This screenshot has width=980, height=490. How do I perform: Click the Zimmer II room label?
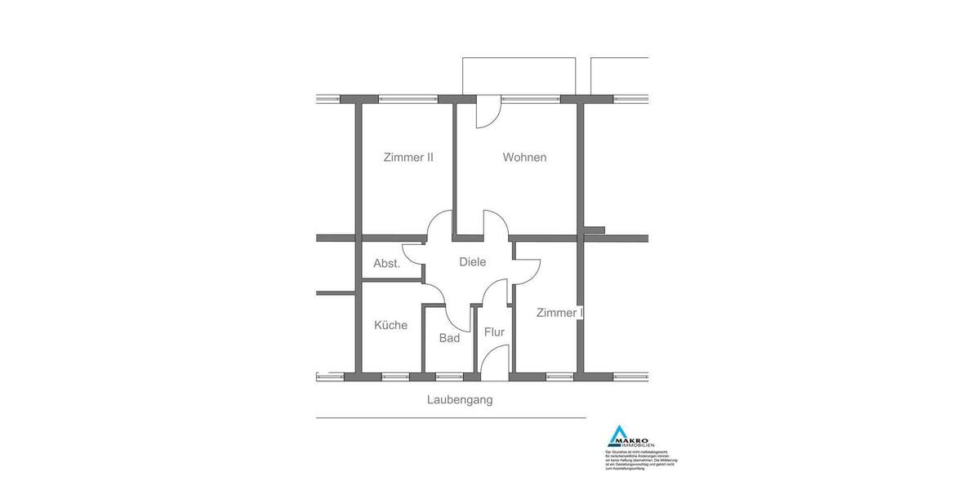click(x=408, y=158)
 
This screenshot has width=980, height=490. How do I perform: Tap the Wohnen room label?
click(x=524, y=158)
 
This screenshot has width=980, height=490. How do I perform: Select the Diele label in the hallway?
click(x=473, y=262)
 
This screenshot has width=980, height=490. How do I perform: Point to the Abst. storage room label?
click(x=386, y=264)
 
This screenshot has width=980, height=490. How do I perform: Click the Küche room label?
click(x=390, y=325)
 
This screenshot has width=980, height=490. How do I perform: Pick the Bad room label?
click(x=449, y=338)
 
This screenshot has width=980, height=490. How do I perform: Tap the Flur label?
click(x=494, y=332)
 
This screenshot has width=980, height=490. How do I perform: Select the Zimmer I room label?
click(x=559, y=313)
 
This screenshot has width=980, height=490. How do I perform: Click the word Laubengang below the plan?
click(x=460, y=400)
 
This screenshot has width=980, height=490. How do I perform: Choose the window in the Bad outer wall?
click(x=448, y=376)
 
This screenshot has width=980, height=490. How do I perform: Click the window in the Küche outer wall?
click(x=395, y=376)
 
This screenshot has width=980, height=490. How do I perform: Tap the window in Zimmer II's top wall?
click(x=408, y=100)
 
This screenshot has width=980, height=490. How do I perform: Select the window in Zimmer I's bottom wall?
click(x=559, y=376)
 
